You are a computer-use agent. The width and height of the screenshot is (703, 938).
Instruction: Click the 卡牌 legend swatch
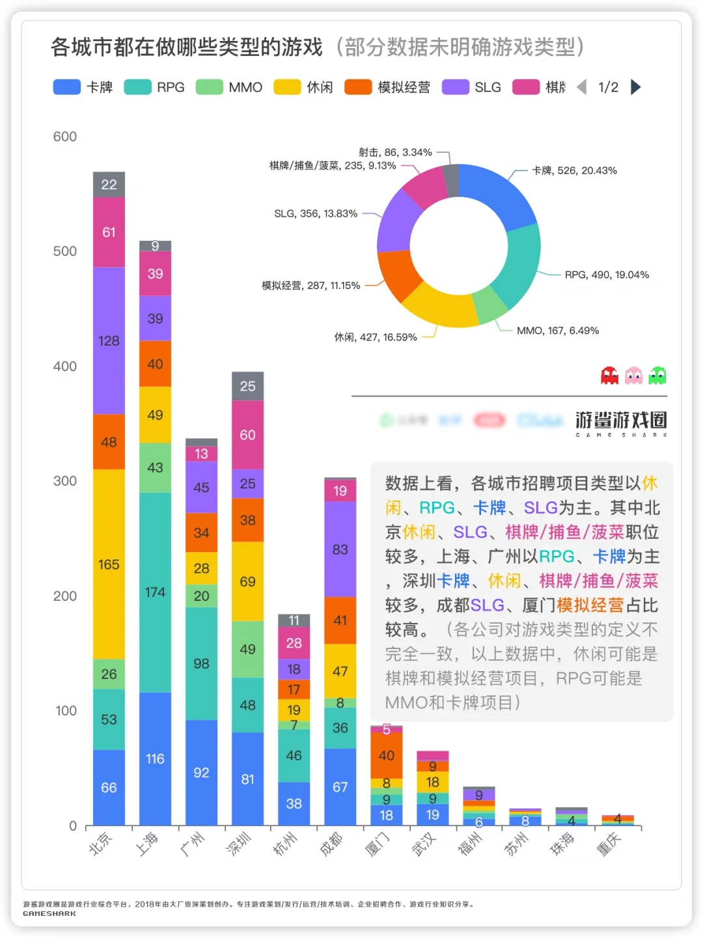[66, 87]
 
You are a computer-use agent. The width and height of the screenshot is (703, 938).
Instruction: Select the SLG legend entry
[472, 87]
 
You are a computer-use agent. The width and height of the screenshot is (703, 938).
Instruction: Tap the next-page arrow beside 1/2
[636, 87]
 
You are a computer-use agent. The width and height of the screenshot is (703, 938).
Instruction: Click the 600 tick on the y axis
[65, 137]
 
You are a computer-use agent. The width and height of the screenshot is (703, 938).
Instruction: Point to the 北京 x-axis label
[101, 844]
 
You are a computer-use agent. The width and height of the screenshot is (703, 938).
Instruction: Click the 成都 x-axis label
[331, 844]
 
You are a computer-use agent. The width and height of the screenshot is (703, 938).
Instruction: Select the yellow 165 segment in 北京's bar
[109, 564]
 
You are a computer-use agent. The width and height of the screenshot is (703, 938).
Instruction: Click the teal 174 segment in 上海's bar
[155, 592]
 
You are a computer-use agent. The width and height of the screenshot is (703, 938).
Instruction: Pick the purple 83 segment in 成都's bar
[340, 549]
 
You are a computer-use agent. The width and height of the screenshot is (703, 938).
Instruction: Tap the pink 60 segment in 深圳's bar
[247, 435]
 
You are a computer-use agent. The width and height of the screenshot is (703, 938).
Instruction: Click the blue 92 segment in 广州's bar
[201, 773]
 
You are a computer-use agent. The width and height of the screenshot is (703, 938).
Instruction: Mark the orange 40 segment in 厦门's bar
[386, 755]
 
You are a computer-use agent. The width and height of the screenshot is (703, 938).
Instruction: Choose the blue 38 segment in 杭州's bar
[294, 804]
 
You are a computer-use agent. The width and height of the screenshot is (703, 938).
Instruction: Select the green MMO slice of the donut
[489, 305]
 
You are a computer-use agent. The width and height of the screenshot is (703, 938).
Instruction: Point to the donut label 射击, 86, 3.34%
[395, 152]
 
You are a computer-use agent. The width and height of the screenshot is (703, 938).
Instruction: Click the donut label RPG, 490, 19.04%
[607, 275]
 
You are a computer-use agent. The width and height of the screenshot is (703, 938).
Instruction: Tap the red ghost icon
[609, 376]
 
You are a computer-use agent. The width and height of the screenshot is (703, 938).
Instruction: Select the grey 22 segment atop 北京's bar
[109, 185]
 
